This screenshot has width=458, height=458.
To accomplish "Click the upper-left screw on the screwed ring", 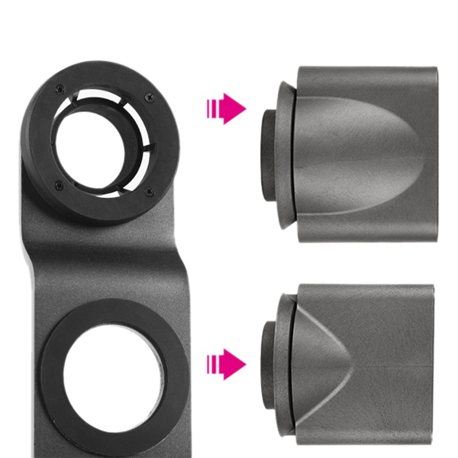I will coord(59,89).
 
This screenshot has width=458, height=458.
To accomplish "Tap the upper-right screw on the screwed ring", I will coord(150,97).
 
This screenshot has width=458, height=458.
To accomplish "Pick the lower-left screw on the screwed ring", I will coord(57,184).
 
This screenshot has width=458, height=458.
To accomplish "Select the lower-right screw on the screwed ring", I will coord(149,192).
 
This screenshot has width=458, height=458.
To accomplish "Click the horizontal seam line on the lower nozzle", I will coord(395,365).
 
